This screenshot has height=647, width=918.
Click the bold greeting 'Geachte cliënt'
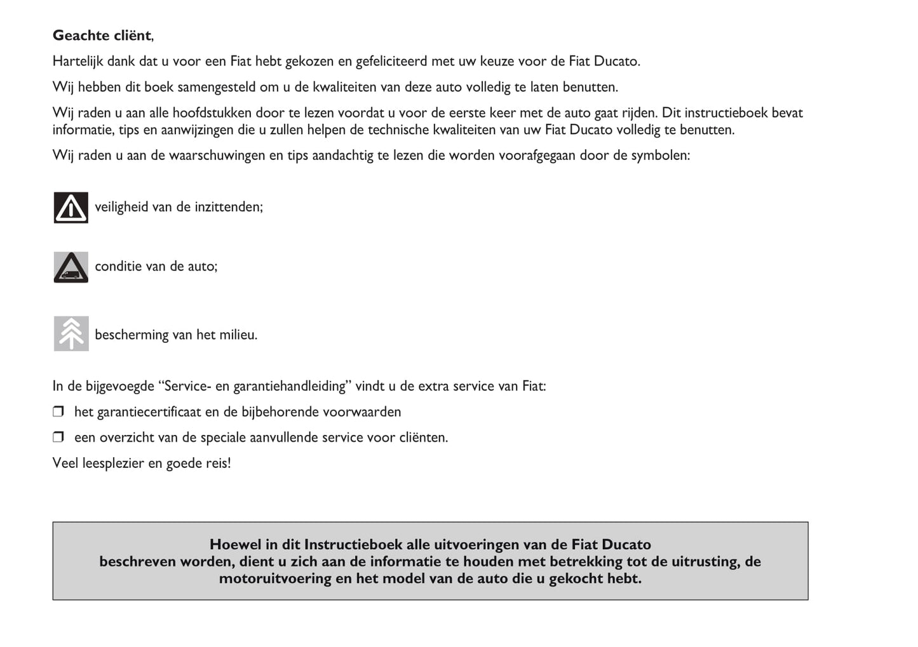[102, 36]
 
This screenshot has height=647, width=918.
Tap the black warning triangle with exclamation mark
[71, 208]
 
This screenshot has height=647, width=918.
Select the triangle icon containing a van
[71, 267]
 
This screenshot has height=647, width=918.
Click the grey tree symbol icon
[71, 333]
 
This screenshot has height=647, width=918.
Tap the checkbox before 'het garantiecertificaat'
[58, 411]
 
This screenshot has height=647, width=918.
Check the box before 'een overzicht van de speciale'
[58, 437]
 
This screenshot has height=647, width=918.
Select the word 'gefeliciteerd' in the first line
[391, 62]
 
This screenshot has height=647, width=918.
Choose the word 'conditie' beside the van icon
[118, 267]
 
